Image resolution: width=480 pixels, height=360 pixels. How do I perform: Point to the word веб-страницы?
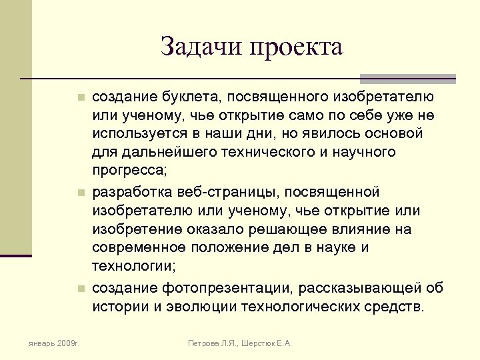coord(227,192)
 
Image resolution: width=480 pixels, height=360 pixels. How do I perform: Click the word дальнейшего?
coord(161,152)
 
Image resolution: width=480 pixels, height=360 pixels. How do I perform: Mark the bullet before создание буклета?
coord(79,97)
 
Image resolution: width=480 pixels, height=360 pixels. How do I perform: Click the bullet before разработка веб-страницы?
coord(79,193)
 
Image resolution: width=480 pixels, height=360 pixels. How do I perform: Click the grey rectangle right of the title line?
coord(407,78)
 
